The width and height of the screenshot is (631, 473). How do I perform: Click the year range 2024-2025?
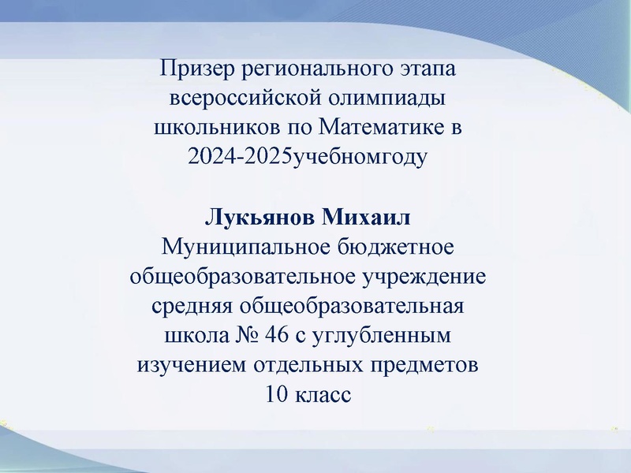(x=240, y=157)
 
